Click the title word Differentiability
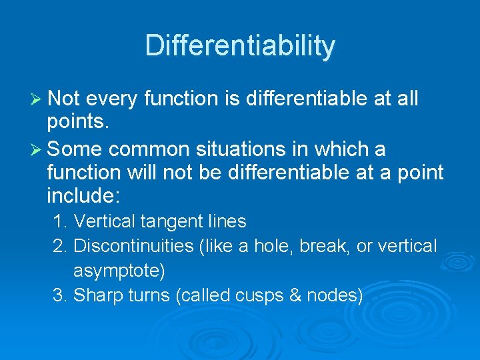coord(240,46)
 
